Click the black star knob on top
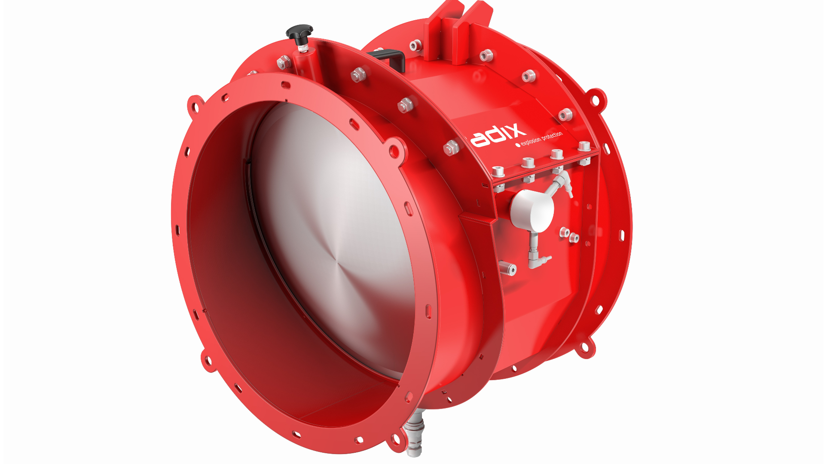(x=299, y=31)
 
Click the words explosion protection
(x=541, y=138)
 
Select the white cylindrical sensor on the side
(x=532, y=210)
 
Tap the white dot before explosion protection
(x=518, y=145)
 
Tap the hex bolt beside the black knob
(x=284, y=62)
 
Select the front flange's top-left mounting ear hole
(x=196, y=105)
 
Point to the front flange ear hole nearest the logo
(x=393, y=151)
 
